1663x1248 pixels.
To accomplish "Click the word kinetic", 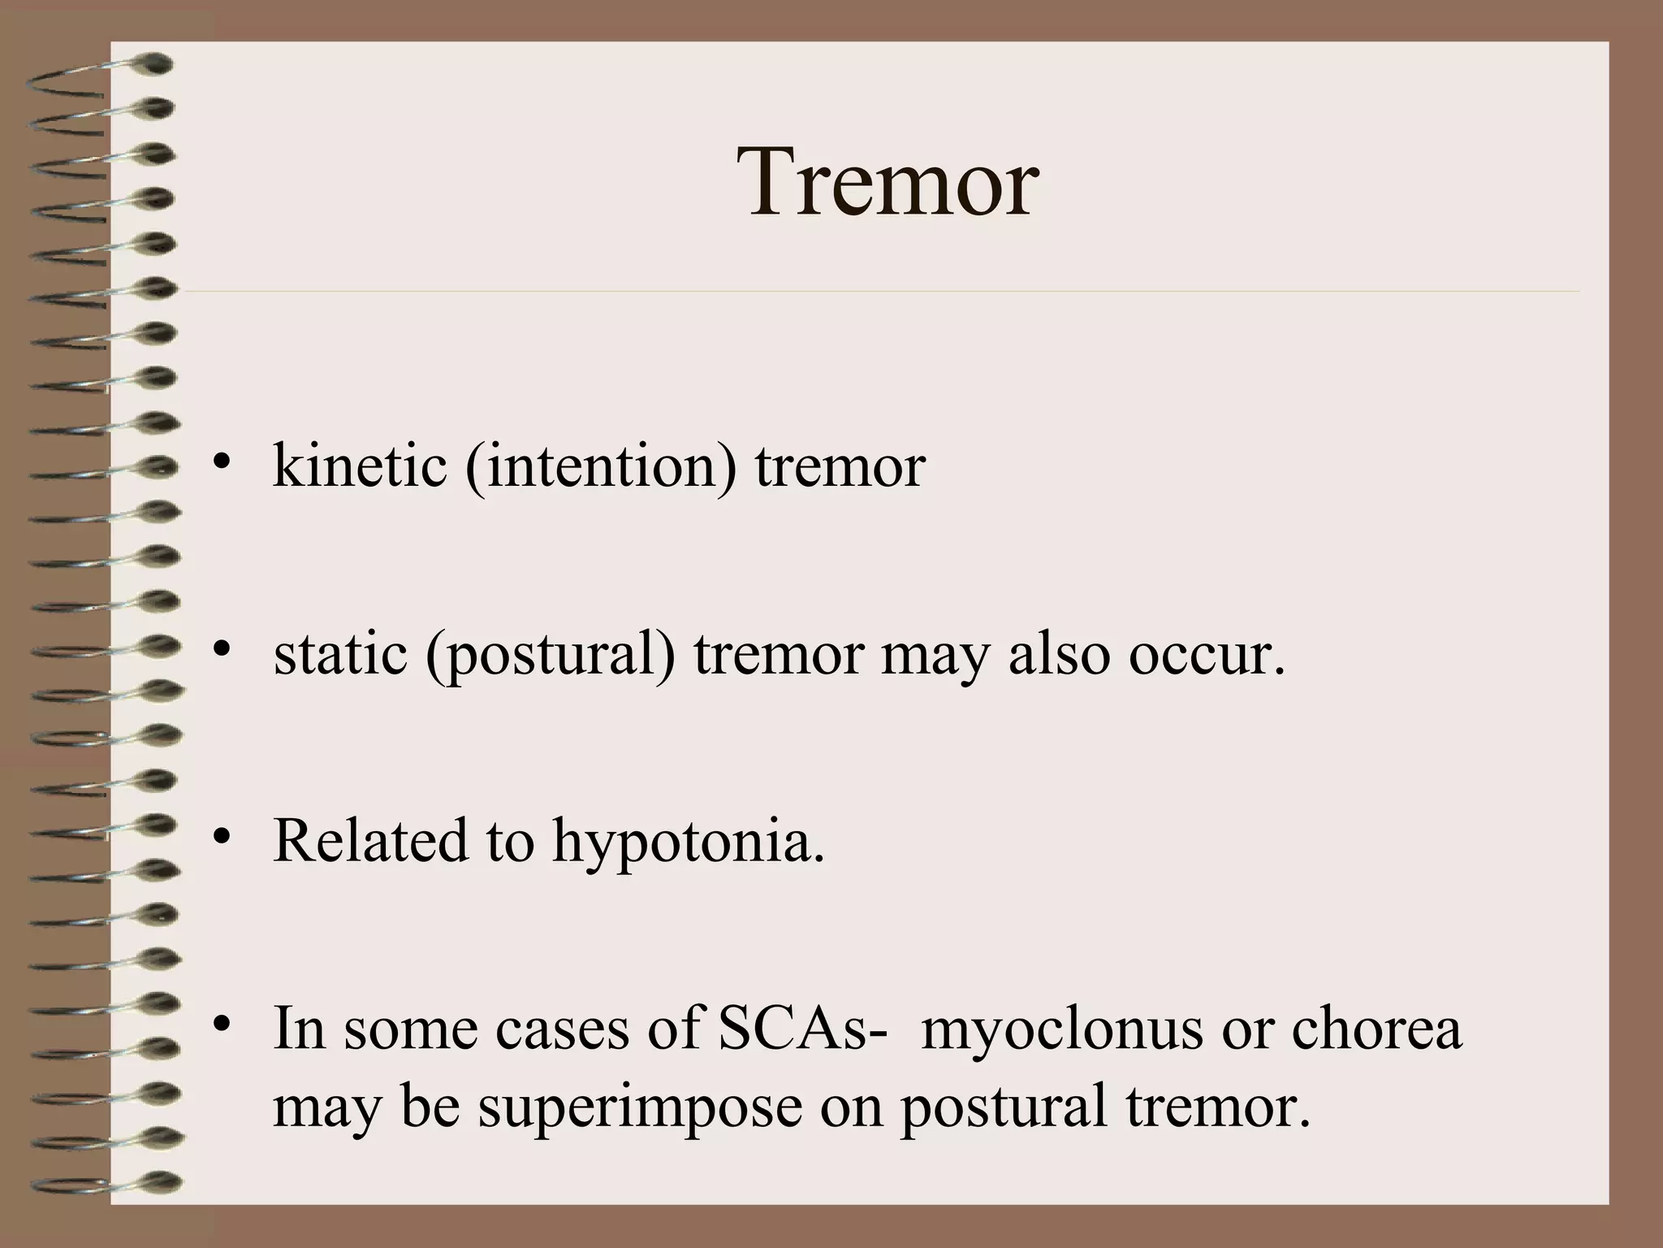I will click(360, 467).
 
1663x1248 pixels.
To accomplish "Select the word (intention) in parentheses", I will click(601, 469).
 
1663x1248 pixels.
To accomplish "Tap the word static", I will click(339, 654).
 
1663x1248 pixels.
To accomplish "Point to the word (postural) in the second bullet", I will click(550, 656).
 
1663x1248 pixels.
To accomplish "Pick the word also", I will click(1058, 654).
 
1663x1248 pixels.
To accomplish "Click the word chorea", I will click(1376, 1029).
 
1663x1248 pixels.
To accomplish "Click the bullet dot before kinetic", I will click(220, 465).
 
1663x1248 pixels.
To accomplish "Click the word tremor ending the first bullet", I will click(840, 467).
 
